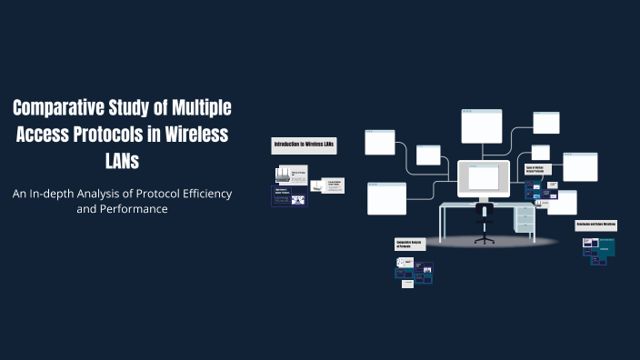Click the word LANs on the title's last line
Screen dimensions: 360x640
click(121, 160)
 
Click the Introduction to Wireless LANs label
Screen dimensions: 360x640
click(305, 145)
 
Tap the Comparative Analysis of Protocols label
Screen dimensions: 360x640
click(410, 244)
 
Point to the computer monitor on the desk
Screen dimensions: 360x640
click(484, 179)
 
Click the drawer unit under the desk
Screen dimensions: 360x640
click(524, 218)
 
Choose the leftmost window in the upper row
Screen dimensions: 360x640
click(380, 142)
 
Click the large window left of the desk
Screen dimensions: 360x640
click(386, 198)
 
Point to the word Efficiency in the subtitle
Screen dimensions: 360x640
click(195, 194)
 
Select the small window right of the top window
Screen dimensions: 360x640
click(545, 123)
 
